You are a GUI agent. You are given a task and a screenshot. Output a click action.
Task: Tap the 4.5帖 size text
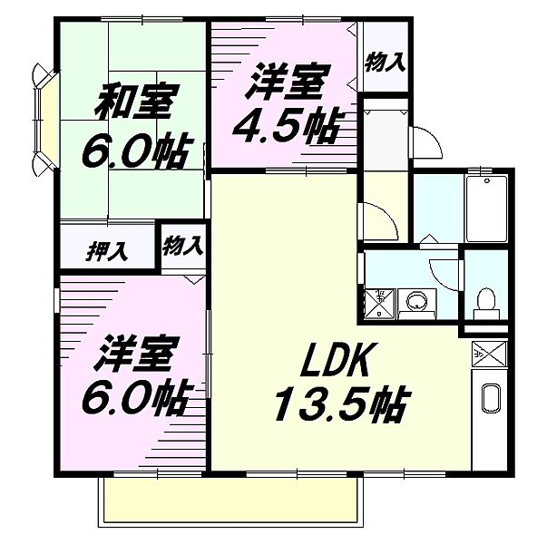pos(286,127)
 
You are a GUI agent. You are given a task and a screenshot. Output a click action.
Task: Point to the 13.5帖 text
pos(340,403)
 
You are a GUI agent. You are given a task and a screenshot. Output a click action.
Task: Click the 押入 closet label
pos(107,251)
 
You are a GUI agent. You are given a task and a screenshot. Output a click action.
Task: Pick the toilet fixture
pos(486,302)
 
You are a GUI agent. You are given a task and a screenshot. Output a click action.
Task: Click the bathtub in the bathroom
pos(487,209)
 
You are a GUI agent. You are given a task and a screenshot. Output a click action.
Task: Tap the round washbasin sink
pos(416,300)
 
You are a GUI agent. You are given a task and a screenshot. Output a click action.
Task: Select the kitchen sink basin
pos(490,398)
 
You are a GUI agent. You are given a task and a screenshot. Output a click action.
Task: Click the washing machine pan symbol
pos(380,303)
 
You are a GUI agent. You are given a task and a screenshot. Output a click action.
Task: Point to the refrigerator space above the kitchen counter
pos(489,354)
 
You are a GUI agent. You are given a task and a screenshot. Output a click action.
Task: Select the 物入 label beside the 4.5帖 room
pos(386,62)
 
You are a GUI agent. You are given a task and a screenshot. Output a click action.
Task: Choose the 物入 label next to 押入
pos(182,246)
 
